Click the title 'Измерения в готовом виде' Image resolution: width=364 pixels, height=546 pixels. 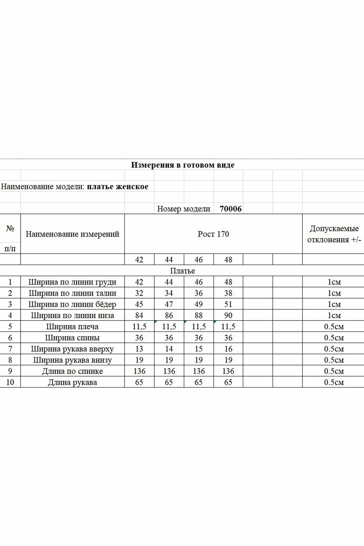tap(183, 165)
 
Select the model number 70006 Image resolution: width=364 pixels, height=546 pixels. tap(230, 209)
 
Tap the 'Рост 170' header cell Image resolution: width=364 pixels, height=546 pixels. tap(213, 234)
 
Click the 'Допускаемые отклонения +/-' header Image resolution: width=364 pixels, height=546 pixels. tap(334, 234)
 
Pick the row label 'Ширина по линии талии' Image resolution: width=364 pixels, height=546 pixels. tap(72, 293)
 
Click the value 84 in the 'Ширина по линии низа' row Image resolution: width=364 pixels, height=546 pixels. tap(139, 316)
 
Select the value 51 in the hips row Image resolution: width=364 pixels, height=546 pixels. tap(228, 304)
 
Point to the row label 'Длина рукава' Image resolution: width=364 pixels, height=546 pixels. tap(72, 382)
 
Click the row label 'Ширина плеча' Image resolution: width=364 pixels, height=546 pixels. tap(72, 327)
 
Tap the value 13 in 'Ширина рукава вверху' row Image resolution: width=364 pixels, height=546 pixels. tap(139, 349)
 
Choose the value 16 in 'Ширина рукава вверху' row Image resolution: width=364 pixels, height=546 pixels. tap(228, 349)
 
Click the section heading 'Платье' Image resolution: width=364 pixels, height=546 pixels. tap(182, 271)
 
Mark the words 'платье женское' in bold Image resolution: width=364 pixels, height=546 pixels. tap(118, 187)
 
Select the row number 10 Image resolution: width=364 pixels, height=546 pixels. tap(10, 382)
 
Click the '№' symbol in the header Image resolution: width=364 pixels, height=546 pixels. tap(10, 229)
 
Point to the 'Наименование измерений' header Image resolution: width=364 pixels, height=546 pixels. tap(72, 234)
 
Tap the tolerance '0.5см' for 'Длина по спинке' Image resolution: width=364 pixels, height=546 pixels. tap(334, 371)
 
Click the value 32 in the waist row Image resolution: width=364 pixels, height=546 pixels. tap(139, 293)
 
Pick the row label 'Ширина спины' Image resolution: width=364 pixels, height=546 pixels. tap(72, 338)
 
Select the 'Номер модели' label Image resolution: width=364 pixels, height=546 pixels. tap(184, 209)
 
